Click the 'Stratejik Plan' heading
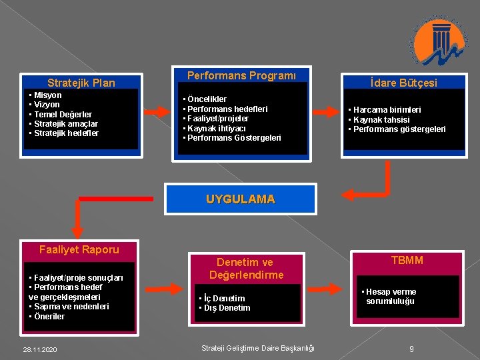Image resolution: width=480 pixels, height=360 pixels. click(x=81, y=83)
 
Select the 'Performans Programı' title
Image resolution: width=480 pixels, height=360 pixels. click(x=241, y=75)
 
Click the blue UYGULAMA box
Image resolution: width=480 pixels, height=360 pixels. click(x=240, y=199)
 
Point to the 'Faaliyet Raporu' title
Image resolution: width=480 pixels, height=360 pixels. click(x=79, y=249)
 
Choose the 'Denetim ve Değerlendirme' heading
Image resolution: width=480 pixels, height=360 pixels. click(x=245, y=269)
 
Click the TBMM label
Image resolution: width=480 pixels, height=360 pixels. click(x=407, y=260)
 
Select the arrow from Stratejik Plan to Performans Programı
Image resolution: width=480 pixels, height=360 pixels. click(x=157, y=111)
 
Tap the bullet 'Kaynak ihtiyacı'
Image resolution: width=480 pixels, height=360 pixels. click(x=217, y=128)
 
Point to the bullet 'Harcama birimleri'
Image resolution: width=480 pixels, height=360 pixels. click(x=387, y=110)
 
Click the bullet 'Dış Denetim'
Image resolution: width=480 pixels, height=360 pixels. click(x=227, y=308)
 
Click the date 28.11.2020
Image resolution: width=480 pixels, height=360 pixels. click(x=40, y=349)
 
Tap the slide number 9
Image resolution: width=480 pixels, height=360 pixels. click(x=412, y=349)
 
